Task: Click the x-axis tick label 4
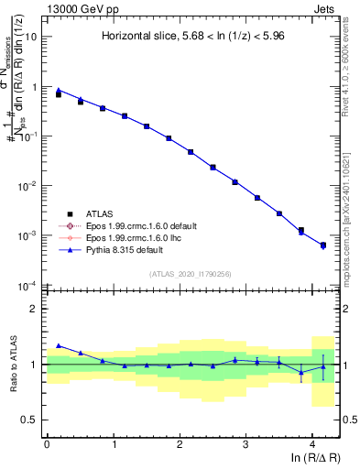tap(312, 444)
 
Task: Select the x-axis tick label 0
tap(47, 444)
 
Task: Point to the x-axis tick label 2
tap(180, 444)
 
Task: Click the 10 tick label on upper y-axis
tap(31, 38)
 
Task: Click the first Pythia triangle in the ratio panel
tap(59, 345)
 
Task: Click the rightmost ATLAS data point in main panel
tap(323, 245)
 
